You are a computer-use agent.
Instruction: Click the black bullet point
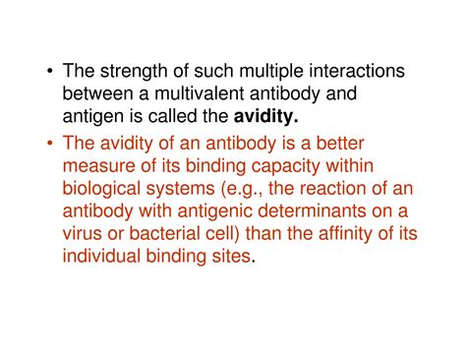click(48, 74)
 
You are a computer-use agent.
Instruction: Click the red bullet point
click(48, 145)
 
